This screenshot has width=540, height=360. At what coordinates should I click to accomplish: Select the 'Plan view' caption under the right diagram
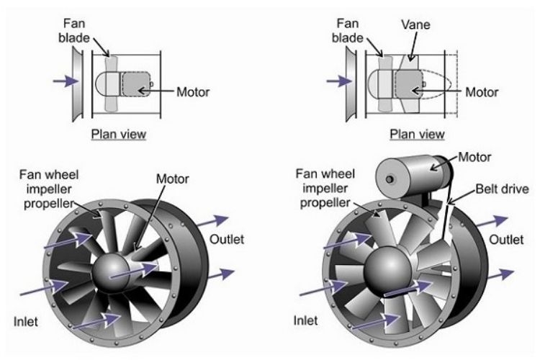(x=416, y=134)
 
